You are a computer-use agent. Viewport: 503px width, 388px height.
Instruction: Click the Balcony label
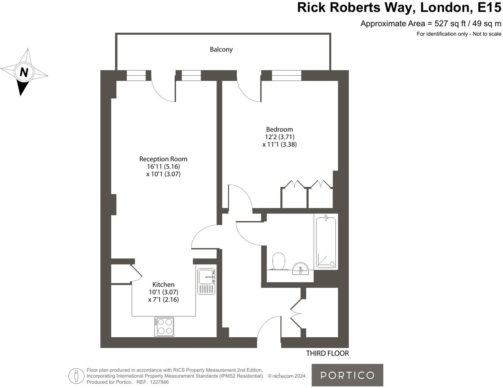(x=221, y=49)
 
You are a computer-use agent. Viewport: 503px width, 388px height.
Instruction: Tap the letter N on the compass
(x=24, y=72)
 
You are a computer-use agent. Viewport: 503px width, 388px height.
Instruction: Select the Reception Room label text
(x=163, y=159)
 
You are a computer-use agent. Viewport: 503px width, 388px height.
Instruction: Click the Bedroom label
(x=279, y=129)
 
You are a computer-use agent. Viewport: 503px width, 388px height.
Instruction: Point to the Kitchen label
(x=163, y=284)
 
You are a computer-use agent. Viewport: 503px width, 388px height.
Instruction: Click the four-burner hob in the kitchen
(x=164, y=327)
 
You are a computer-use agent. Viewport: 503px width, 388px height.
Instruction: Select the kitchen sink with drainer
(x=206, y=281)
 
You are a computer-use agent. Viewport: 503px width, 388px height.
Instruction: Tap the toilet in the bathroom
(x=279, y=261)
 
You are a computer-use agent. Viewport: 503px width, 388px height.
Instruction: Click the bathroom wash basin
(x=300, y=268)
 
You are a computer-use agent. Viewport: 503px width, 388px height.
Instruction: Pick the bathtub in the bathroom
(x=326, y=242)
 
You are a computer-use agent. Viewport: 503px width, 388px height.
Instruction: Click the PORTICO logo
(x=347, y=375)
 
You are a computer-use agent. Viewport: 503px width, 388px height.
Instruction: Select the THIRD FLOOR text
(x=327, y=353)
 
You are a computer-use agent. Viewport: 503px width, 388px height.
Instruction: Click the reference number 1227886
(x=159, y=382)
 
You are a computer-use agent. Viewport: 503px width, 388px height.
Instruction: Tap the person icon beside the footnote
(x=76, y=376)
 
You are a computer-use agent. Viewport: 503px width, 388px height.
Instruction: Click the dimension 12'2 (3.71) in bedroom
(x=279, y=137)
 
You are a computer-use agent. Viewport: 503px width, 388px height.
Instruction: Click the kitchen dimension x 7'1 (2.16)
(x=163, y=299)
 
